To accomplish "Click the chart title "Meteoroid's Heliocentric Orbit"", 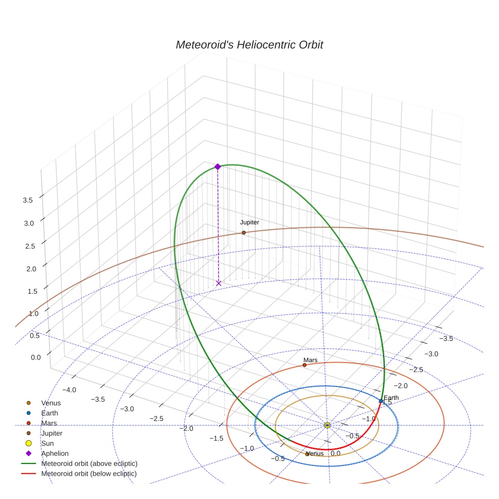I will pos(249,45).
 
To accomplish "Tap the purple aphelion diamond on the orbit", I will pos(218,167).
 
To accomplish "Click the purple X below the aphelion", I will pos(219,283).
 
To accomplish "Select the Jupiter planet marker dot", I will pos(244,233).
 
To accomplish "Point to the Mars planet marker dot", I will pos(304,365).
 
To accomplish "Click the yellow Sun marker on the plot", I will pos(327,425).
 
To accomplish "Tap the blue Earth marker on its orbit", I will pos(381,401).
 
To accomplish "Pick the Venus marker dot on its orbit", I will pos(307,454).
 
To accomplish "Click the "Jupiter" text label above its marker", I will pos(249,223).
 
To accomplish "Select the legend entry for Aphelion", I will pos(55,453).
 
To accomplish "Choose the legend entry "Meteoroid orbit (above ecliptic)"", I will pos(89,464).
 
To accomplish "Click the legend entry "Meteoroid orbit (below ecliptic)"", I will pos(89,474).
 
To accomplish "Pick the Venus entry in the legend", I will pos(51,403).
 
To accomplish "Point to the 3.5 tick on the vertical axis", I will pos(28,200).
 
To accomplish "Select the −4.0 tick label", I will pos(69,390).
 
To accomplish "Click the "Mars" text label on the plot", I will pos(310,360).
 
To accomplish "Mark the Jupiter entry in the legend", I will pos(52,433).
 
